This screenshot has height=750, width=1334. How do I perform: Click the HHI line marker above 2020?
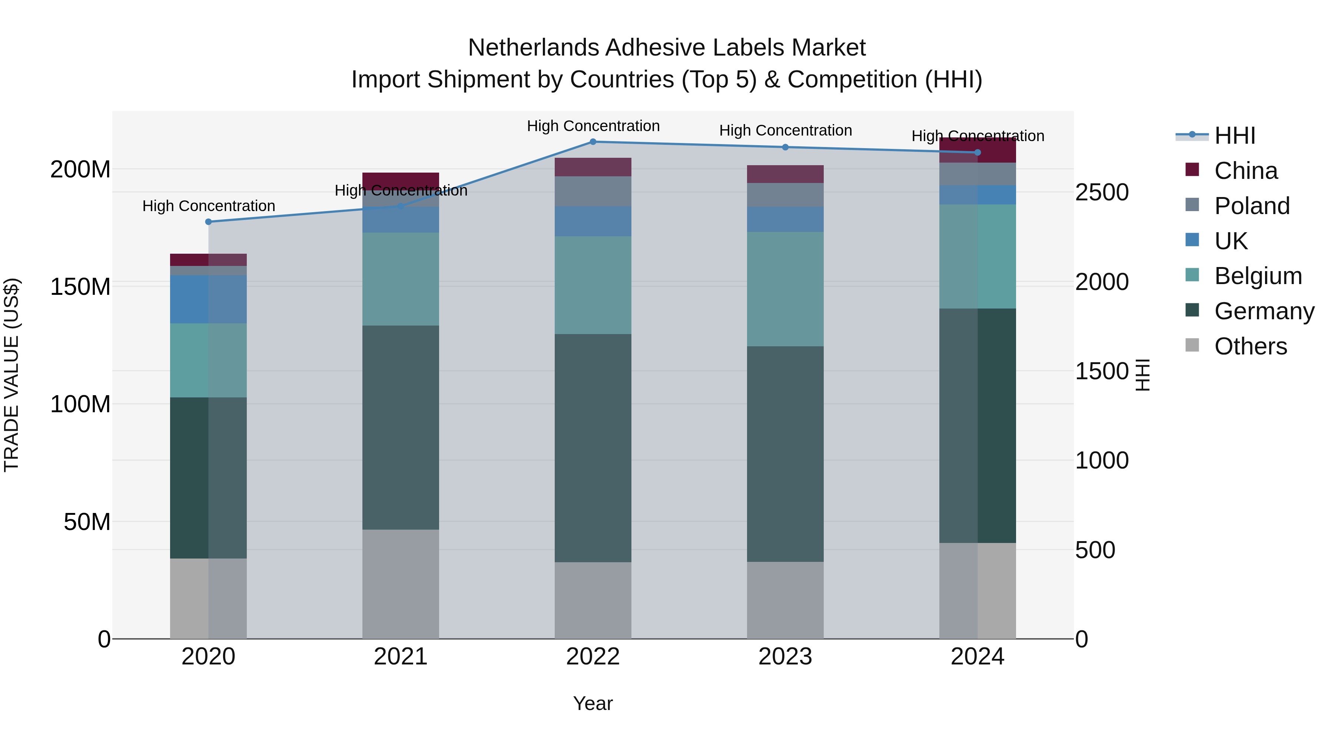(209, 222)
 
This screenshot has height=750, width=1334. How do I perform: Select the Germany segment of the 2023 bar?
(785, 454)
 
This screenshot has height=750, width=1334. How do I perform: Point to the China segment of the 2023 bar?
(785, 174)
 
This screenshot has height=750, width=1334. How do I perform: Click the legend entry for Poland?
(1252, 206)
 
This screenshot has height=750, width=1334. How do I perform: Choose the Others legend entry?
(1250, 346)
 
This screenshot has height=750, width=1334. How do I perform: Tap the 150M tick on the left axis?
(80, 287)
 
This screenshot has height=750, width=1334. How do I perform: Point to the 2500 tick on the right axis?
(1102, 193)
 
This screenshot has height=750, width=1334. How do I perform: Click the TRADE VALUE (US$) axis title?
(11, 375)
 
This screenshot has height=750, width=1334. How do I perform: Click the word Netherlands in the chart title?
(533, 48)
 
